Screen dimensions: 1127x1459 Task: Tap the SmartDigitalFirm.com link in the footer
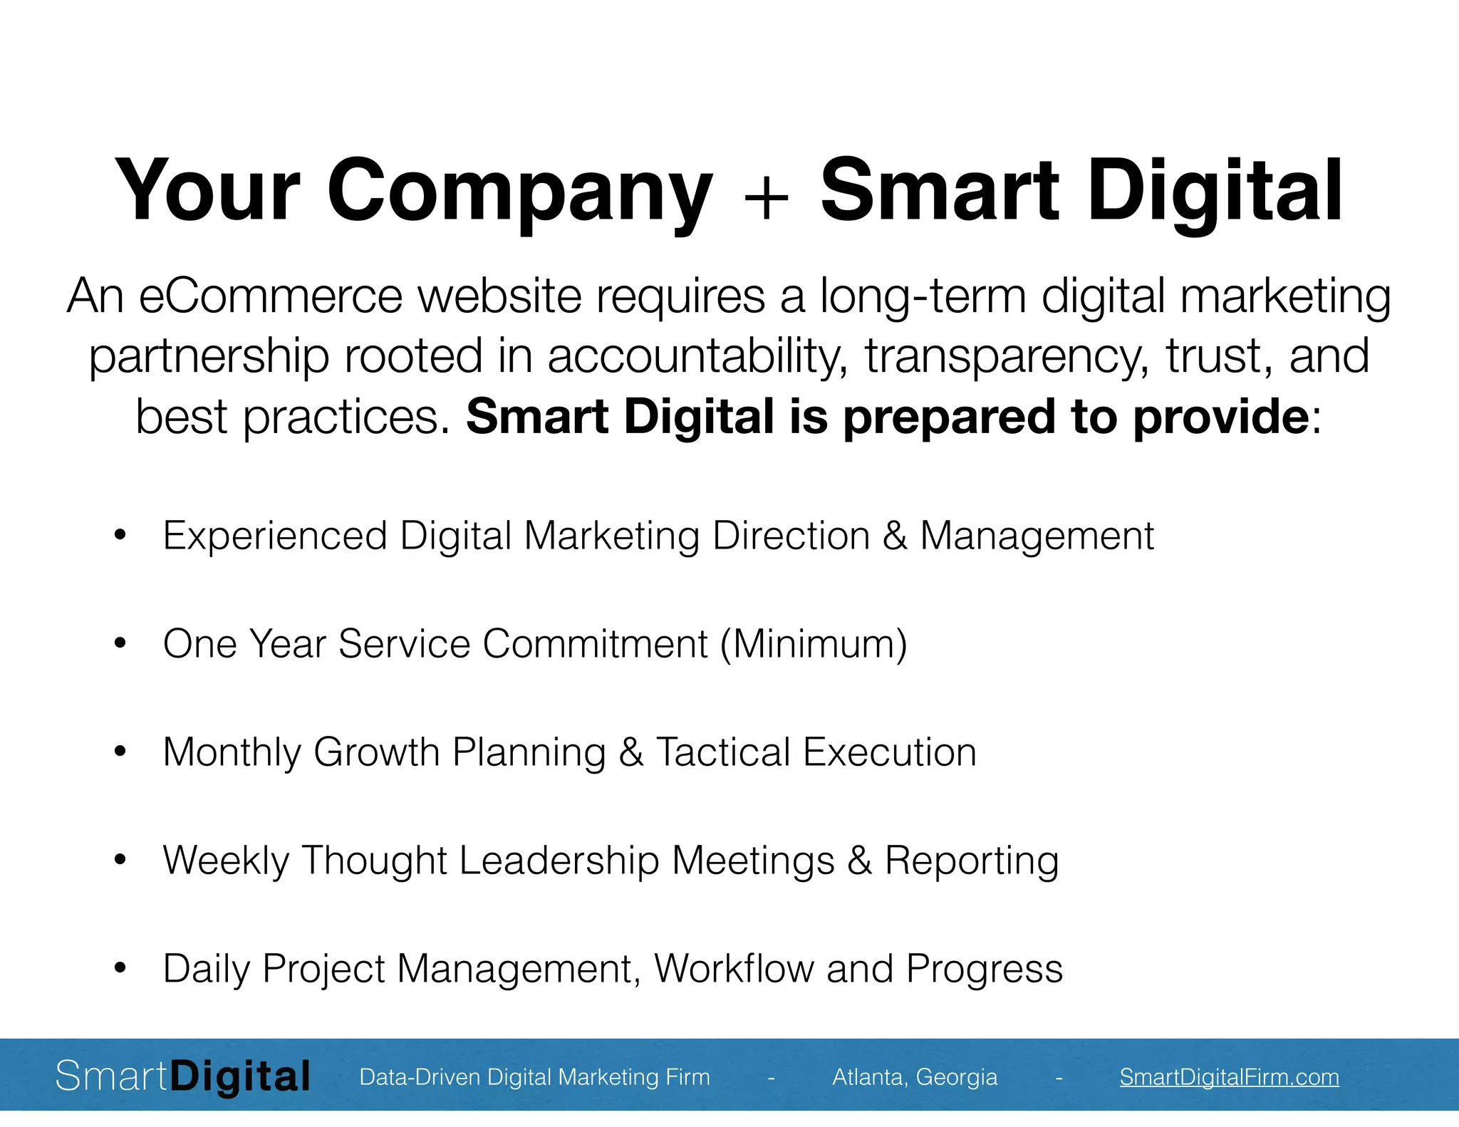tap(1229, 1076)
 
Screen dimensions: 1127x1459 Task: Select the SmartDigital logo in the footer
tap(183, 1076)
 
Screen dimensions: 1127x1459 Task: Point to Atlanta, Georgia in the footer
tap(915, 1076)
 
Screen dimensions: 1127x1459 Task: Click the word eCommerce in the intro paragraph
tap(271, 296)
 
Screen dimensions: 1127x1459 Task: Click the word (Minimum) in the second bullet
tap(814, 643)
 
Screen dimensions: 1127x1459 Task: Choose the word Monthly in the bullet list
tap(232, 752)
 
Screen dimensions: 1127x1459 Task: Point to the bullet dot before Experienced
tap(120, 535)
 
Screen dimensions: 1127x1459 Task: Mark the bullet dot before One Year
tap(120, 643)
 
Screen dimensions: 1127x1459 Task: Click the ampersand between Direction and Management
tap(895, 536)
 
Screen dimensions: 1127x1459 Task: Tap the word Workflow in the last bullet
tap(734, 968)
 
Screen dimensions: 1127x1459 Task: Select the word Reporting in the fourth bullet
tap(972, 861)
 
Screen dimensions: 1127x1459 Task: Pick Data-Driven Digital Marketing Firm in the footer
tap(534, 1076)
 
